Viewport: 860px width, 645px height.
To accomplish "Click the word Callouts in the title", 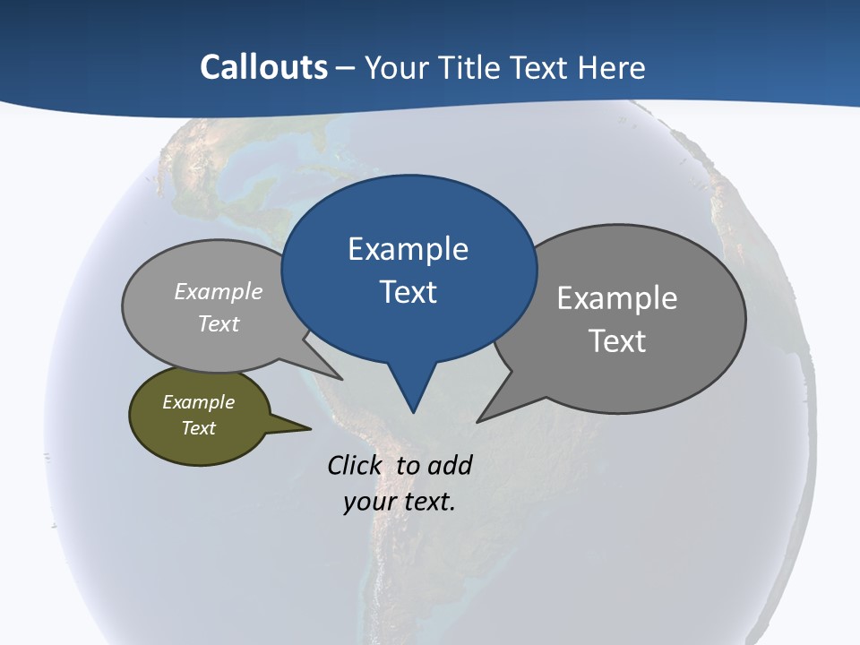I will tap(263, 68).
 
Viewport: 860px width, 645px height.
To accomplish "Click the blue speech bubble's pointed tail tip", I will tap(413, 411).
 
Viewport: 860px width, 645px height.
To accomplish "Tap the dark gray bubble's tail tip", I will tap(478, 420).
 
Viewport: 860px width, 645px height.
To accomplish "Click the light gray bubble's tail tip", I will tap(341, 378).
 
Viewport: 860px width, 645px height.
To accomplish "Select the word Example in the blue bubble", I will tap(408, 249).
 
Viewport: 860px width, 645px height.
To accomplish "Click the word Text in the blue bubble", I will tap(408, 292).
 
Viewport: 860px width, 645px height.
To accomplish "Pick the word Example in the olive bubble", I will tap(198, 402).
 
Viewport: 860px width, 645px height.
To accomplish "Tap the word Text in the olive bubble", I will tap(198, 428).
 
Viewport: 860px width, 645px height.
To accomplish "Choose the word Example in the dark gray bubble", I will tap(616, 298).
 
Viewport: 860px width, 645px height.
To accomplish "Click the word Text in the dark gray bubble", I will tap(616, 341).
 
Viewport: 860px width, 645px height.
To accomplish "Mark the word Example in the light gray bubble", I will tap(218, 292).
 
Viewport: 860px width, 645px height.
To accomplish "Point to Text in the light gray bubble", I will tap(218, 323).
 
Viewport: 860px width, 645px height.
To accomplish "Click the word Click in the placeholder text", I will tap(355, 465).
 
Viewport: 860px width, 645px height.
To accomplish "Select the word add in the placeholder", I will tap(449, 465).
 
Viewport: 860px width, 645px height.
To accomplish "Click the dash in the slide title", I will tap(346, 68).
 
